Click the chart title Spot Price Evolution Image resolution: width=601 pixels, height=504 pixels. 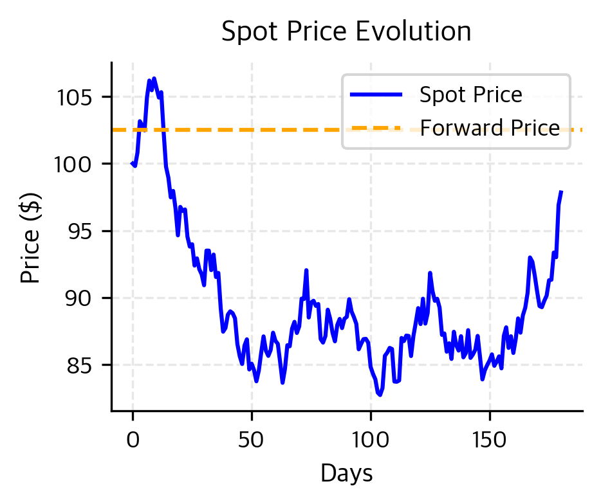tap(346, 32)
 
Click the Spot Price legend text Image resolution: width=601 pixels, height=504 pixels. tap(470, 95)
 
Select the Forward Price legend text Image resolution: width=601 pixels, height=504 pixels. tap(490, 128)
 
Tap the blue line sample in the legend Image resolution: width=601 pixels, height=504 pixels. tap(376, 95)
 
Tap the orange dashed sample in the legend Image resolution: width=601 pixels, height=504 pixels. tap(376, 128)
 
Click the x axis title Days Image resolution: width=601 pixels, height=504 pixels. tap(346, 474)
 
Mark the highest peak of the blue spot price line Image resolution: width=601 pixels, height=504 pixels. tap(154, 78)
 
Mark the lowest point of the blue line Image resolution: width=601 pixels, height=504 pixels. tap(380, 395)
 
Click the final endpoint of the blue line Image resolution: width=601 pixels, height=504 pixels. tap(562, 192)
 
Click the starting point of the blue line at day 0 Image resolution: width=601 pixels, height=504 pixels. tap(133, 164)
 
